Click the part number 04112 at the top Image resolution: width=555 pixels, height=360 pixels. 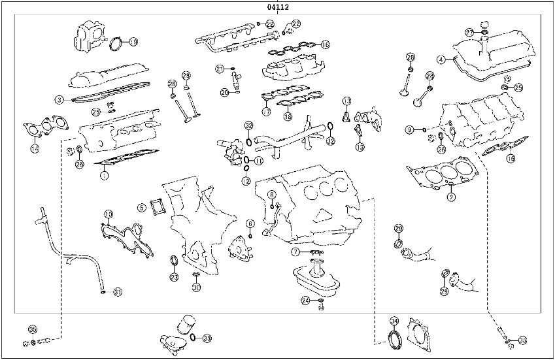pos(278,7)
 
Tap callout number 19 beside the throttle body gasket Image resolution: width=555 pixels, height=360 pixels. pos(133,42)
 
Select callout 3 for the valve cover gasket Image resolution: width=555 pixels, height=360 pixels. pos(58,99)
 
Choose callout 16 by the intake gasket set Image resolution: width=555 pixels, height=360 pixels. pos(325,45)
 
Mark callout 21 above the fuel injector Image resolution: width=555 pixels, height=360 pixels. pos(220,69)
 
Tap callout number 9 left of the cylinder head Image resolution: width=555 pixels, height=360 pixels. pos(410,129)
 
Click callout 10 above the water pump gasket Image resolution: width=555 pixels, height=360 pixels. pos(109,214)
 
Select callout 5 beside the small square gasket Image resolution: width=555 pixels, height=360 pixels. pos(141,208)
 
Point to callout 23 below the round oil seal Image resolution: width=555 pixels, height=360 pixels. pos(174,278)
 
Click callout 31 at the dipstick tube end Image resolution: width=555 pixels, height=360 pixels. pos(118,291)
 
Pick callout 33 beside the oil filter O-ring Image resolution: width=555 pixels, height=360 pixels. pos(207,338)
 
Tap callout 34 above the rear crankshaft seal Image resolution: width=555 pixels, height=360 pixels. pos(394,321)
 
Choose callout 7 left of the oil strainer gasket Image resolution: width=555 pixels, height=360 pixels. pos(295,252)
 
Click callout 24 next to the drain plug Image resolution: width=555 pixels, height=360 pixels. pos(305,300)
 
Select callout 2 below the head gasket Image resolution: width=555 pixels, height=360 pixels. pos(451,196)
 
